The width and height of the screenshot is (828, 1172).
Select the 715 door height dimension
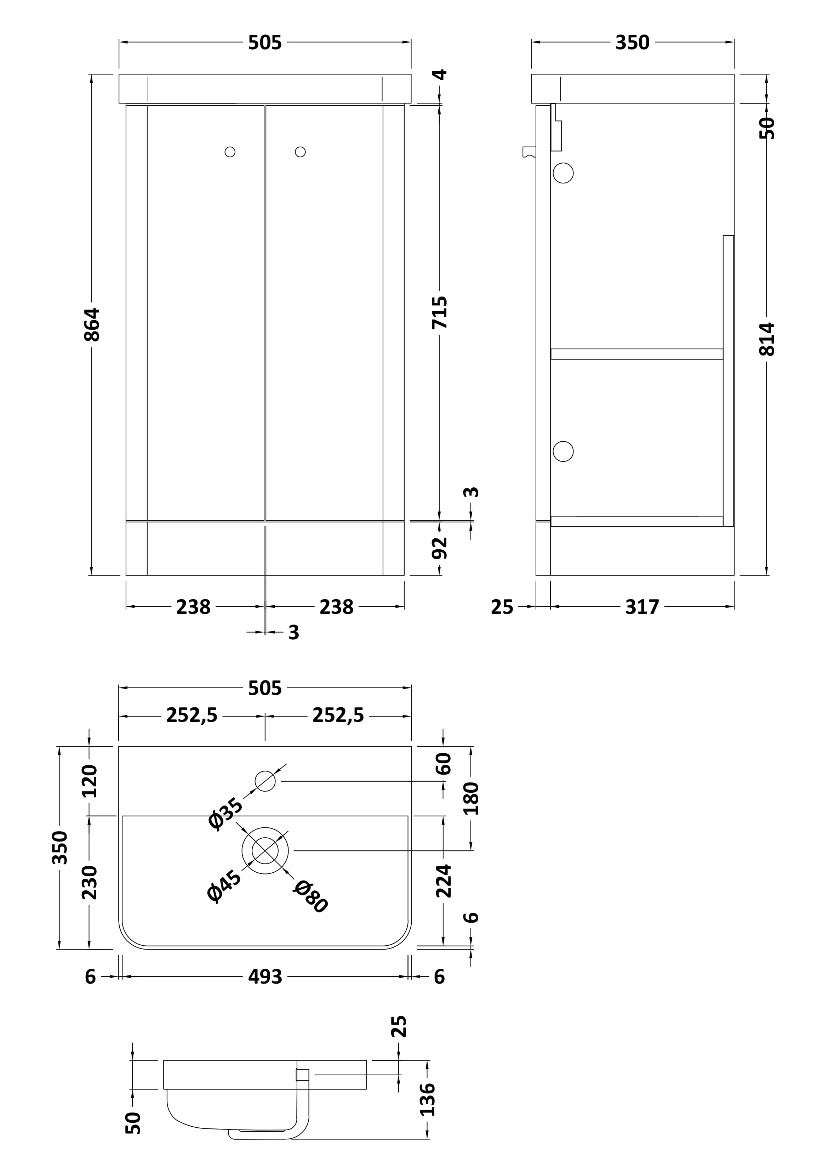439,312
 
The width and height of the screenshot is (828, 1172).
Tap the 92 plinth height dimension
439,548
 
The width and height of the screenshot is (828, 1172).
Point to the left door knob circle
230,152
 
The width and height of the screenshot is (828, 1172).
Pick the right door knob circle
301,152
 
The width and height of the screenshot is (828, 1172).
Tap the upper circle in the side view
563,173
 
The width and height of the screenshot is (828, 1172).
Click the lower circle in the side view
563,451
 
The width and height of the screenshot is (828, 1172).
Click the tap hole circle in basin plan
265,781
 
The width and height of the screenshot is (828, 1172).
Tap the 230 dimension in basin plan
89,883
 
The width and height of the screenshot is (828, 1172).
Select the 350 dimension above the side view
632,43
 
